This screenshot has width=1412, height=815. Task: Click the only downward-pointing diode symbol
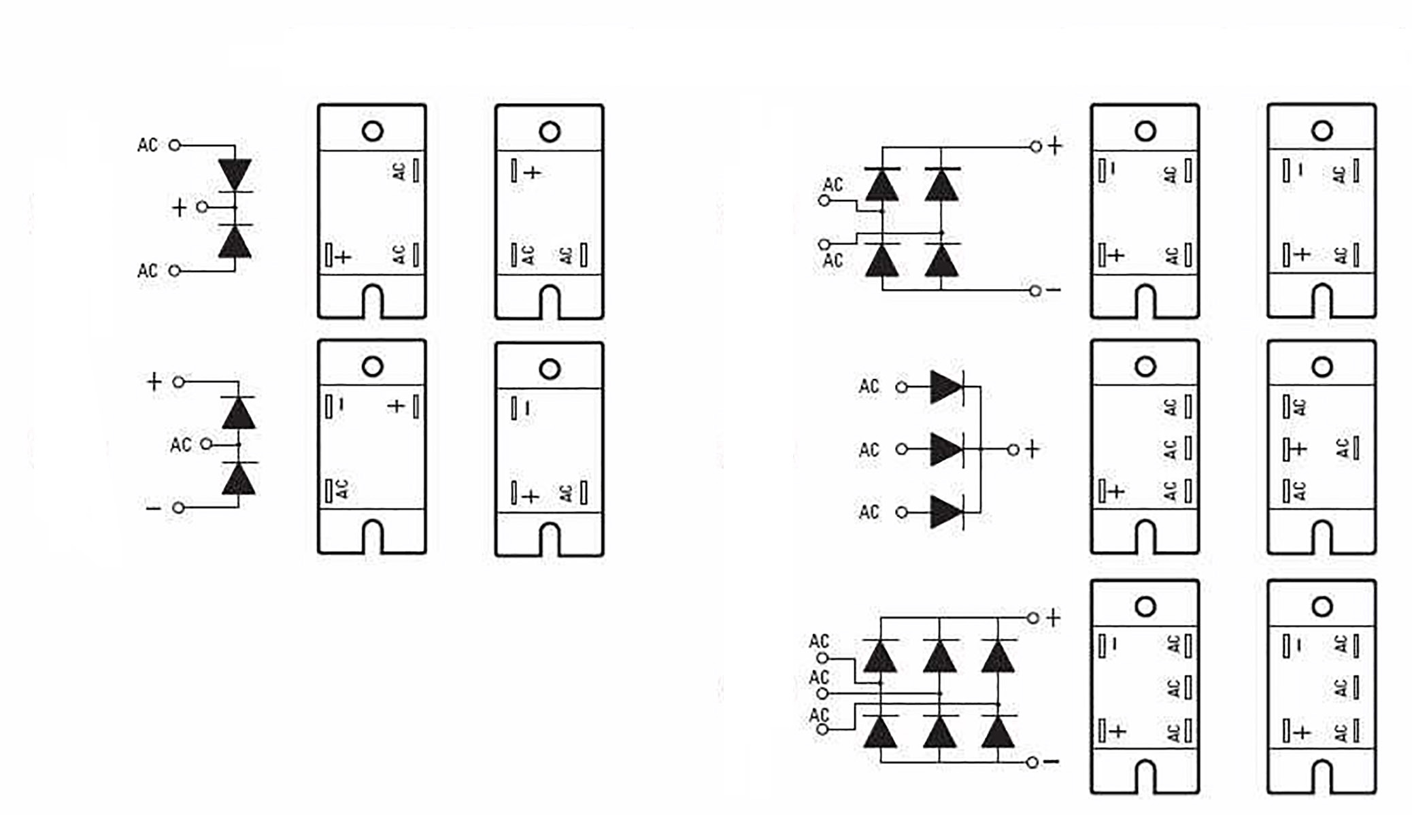[235, 175]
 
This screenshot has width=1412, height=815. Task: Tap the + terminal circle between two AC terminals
[202, 206]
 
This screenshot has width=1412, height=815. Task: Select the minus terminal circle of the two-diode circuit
[178, 508]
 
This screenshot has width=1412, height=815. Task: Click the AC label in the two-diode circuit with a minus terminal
[180, 445]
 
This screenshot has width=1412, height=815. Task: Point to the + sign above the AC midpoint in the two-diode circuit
[154, 382]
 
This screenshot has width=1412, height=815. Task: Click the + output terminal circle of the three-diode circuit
[1013, 449]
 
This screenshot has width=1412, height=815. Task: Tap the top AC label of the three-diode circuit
[869, 386]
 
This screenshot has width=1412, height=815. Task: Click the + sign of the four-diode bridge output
[1054, 146]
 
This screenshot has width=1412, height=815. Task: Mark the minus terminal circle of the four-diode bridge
[1035, 291]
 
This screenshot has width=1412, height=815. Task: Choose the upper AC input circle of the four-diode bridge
[824, 201]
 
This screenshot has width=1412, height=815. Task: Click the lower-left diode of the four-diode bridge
[882, 260]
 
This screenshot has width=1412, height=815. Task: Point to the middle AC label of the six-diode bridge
[819, 678]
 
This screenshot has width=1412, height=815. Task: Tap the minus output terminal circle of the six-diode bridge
[1032, 763]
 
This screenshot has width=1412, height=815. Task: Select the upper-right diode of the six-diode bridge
[998, 657]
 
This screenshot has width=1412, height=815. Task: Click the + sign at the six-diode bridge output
[1053, 618]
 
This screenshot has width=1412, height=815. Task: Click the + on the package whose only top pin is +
[533, 173]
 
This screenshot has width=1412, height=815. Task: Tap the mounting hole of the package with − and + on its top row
[372, 367]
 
